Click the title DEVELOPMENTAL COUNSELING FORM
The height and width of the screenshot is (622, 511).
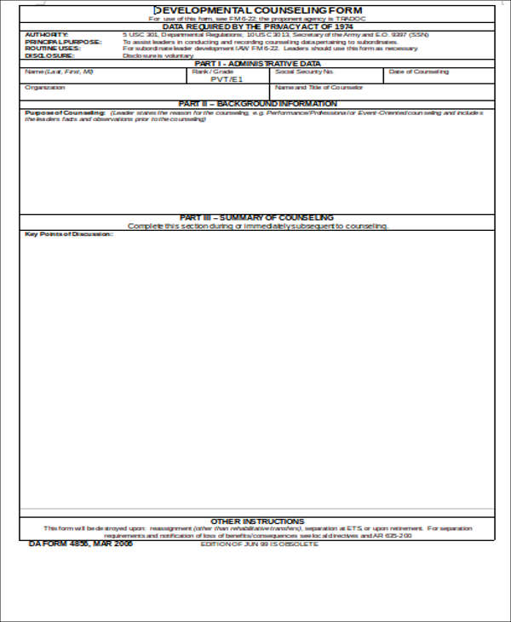(x=256, y=9)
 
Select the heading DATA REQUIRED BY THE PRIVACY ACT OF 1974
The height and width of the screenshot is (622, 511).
(x=256, y=26)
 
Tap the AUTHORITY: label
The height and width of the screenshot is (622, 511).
(x=43, y=35)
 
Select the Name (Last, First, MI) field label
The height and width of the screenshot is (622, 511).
(x=59, y=72)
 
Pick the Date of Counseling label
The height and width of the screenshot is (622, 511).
(x=419, y=72)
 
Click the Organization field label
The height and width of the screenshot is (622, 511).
(x=45, y=87)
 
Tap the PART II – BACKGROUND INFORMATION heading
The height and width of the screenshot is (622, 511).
(x=257, y=104)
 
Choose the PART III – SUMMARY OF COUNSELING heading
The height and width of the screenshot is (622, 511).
(x=257, y=217)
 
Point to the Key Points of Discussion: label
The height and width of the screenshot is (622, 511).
(x=68, y=234)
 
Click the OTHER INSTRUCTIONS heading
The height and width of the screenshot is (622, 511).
(x=257, y=521)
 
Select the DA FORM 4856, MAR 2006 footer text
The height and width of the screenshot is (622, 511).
(x=81, y=544)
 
